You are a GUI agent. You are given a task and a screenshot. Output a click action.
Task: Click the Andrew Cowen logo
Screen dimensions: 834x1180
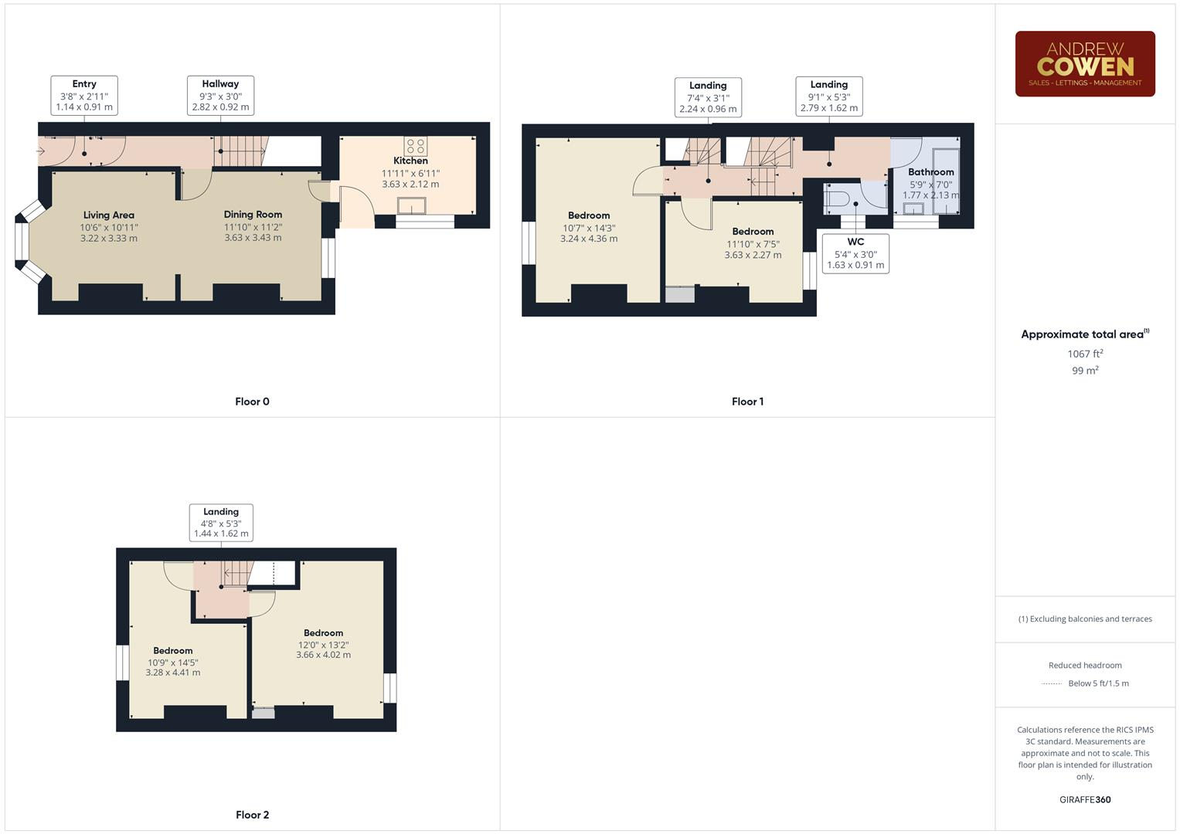1084,64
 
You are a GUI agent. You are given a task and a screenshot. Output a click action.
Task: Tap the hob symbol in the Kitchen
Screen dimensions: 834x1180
415,146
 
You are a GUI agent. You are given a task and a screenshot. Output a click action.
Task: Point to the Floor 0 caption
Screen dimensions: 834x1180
252,402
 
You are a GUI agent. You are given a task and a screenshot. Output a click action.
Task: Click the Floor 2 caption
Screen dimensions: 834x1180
252,815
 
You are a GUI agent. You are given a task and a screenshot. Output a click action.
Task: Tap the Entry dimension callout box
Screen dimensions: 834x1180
84,96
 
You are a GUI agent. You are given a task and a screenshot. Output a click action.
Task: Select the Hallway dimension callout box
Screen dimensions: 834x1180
220,96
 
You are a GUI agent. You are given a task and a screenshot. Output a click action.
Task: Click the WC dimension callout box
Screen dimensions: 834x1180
855,253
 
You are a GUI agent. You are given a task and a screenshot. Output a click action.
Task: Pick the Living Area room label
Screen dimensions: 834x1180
108,215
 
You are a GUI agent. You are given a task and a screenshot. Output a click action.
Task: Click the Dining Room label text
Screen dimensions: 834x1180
253,215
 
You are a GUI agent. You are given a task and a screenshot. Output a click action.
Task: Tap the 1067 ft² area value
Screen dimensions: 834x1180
1085,354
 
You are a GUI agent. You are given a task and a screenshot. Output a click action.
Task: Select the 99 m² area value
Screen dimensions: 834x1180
1085,371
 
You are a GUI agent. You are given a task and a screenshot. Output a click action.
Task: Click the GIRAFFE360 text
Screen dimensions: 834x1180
1085,800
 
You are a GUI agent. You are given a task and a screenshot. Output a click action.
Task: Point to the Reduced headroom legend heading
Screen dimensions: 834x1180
1085,666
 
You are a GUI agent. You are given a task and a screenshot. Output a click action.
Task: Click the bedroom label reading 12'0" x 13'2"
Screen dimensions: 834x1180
323,644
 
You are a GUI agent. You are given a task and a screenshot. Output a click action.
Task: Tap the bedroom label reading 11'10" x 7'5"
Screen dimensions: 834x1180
753,243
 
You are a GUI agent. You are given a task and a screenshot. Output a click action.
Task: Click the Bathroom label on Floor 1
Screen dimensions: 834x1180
930,172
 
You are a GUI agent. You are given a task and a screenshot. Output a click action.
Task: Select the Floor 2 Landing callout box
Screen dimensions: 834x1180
221,523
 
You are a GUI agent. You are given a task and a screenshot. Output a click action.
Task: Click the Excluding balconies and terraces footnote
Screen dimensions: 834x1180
1085,619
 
